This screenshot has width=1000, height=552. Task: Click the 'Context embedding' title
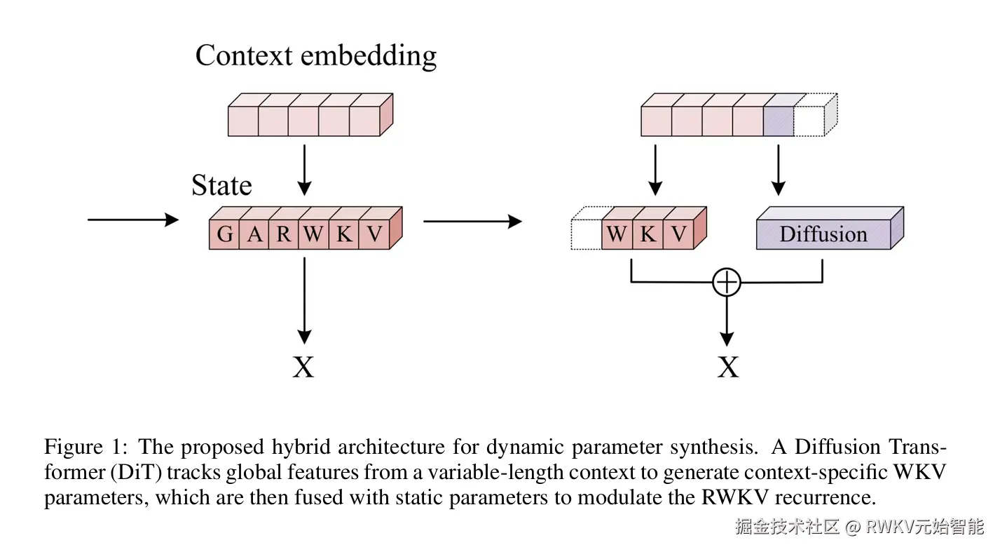(315, 56)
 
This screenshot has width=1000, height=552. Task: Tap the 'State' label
(221, 186)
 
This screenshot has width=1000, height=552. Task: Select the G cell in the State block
(224, 234)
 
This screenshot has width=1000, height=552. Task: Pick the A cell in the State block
(254, 234)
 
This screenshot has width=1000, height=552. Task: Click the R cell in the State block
(284, 234)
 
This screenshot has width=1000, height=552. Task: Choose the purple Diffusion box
(823, 234)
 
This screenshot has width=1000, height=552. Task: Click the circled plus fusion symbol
(727, 282)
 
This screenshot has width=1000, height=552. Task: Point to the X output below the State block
(303, 366)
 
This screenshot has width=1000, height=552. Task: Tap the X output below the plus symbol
(728, 366)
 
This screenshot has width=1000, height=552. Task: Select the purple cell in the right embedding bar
(778, 119)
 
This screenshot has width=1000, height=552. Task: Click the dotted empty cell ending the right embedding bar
(809, 119)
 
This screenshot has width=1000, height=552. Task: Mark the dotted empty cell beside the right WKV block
(587, 234)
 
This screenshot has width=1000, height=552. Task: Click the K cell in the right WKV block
(648, 234)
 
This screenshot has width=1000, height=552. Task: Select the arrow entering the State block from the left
(132, 220)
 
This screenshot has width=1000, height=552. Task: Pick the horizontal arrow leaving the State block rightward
(472, 222)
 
